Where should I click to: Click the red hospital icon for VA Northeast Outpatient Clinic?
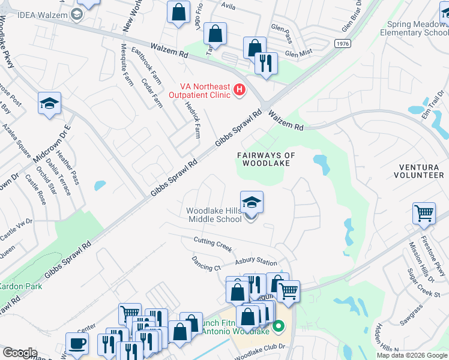click(239, 91)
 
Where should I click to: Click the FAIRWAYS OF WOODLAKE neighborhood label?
click(267, 159)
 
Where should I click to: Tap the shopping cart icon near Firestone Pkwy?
click(424, 213)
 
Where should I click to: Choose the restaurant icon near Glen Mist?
click(266, 62)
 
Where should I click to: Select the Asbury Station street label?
click(256, 262)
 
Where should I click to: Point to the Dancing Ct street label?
click(206, 264)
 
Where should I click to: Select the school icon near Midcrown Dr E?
click(50, 103)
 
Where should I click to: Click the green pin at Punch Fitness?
click(278, 327)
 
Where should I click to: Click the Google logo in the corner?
click(20, 353)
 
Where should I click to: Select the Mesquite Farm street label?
click(127, 65)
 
